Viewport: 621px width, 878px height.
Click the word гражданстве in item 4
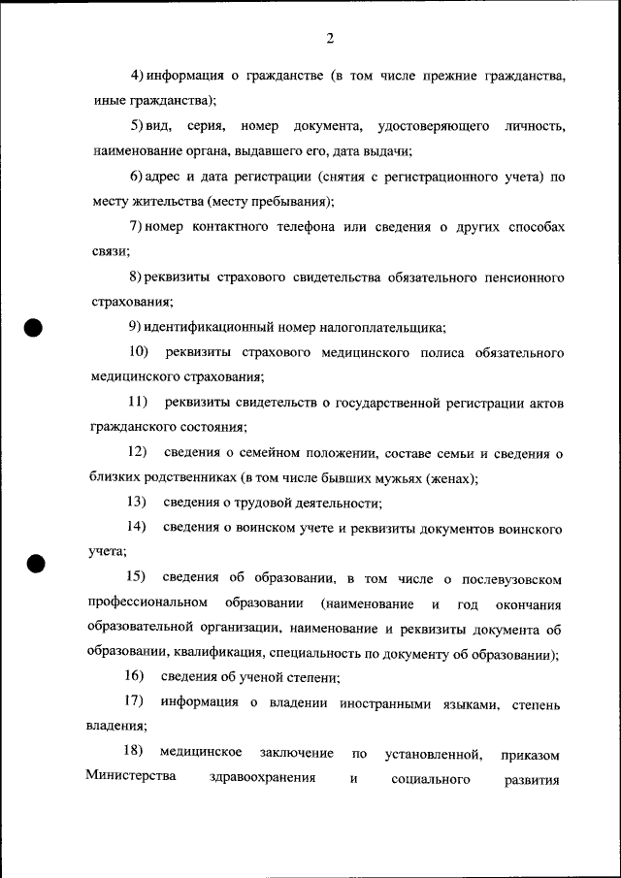tap(278, 75)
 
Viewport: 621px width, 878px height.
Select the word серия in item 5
tap(211, 126)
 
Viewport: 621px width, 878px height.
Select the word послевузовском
tap(513, 579)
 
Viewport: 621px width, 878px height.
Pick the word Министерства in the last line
tap(130, 778)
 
